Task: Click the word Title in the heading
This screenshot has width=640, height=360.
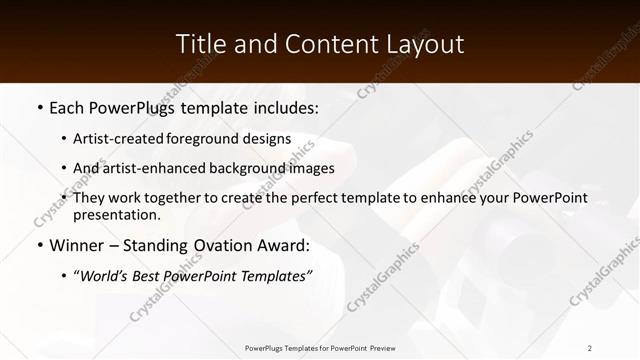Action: point(202,43)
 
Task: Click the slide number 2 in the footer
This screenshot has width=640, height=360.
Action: point(590,347)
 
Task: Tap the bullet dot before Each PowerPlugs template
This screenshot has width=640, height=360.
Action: point(38,107)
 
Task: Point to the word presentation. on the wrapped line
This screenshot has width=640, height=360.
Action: point(116,215)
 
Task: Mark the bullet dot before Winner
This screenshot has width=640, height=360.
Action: point(38,245)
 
